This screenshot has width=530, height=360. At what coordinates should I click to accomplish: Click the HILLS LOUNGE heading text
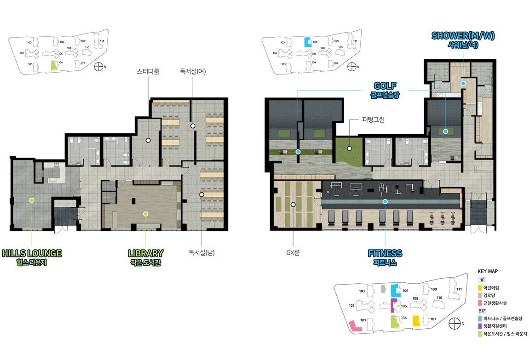click(x=32, y=253)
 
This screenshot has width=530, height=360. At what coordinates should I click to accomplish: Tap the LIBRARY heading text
click(x=146, y=253)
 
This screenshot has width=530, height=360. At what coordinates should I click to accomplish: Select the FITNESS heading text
click(x=385, y=253)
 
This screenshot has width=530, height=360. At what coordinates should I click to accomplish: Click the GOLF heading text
click(x=385, y=86)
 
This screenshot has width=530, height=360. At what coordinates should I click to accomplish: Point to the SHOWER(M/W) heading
click(x=463, y=35)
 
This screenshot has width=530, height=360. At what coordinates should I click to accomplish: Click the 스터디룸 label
click(x=148, y=71)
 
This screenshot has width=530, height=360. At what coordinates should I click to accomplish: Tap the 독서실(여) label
click(x=193, y=71)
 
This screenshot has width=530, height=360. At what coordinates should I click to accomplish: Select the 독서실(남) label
click(x=202, y=252)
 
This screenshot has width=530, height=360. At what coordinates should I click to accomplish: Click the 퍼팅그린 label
click(x=373, y=120)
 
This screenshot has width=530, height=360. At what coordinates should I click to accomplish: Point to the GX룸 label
click(x=293, y=252)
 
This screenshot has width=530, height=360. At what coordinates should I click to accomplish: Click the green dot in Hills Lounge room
click(x=32, y=200)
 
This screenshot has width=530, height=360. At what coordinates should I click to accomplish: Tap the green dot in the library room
click(x=146, y=214)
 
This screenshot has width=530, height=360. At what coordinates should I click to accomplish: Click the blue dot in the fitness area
click(x=385, y=202)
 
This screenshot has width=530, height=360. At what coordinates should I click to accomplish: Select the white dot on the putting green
click(x=350, y=149)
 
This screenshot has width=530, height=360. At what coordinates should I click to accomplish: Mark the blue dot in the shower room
click(x=463, y=83)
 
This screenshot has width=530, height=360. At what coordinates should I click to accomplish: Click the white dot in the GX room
click(x=293, y=205)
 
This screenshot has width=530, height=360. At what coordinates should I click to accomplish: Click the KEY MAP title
click(x=487, y=271)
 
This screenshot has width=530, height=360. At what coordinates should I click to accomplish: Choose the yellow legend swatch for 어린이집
click(x=480, y=288)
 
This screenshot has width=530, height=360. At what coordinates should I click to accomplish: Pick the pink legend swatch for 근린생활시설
click(x=480, y=303)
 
